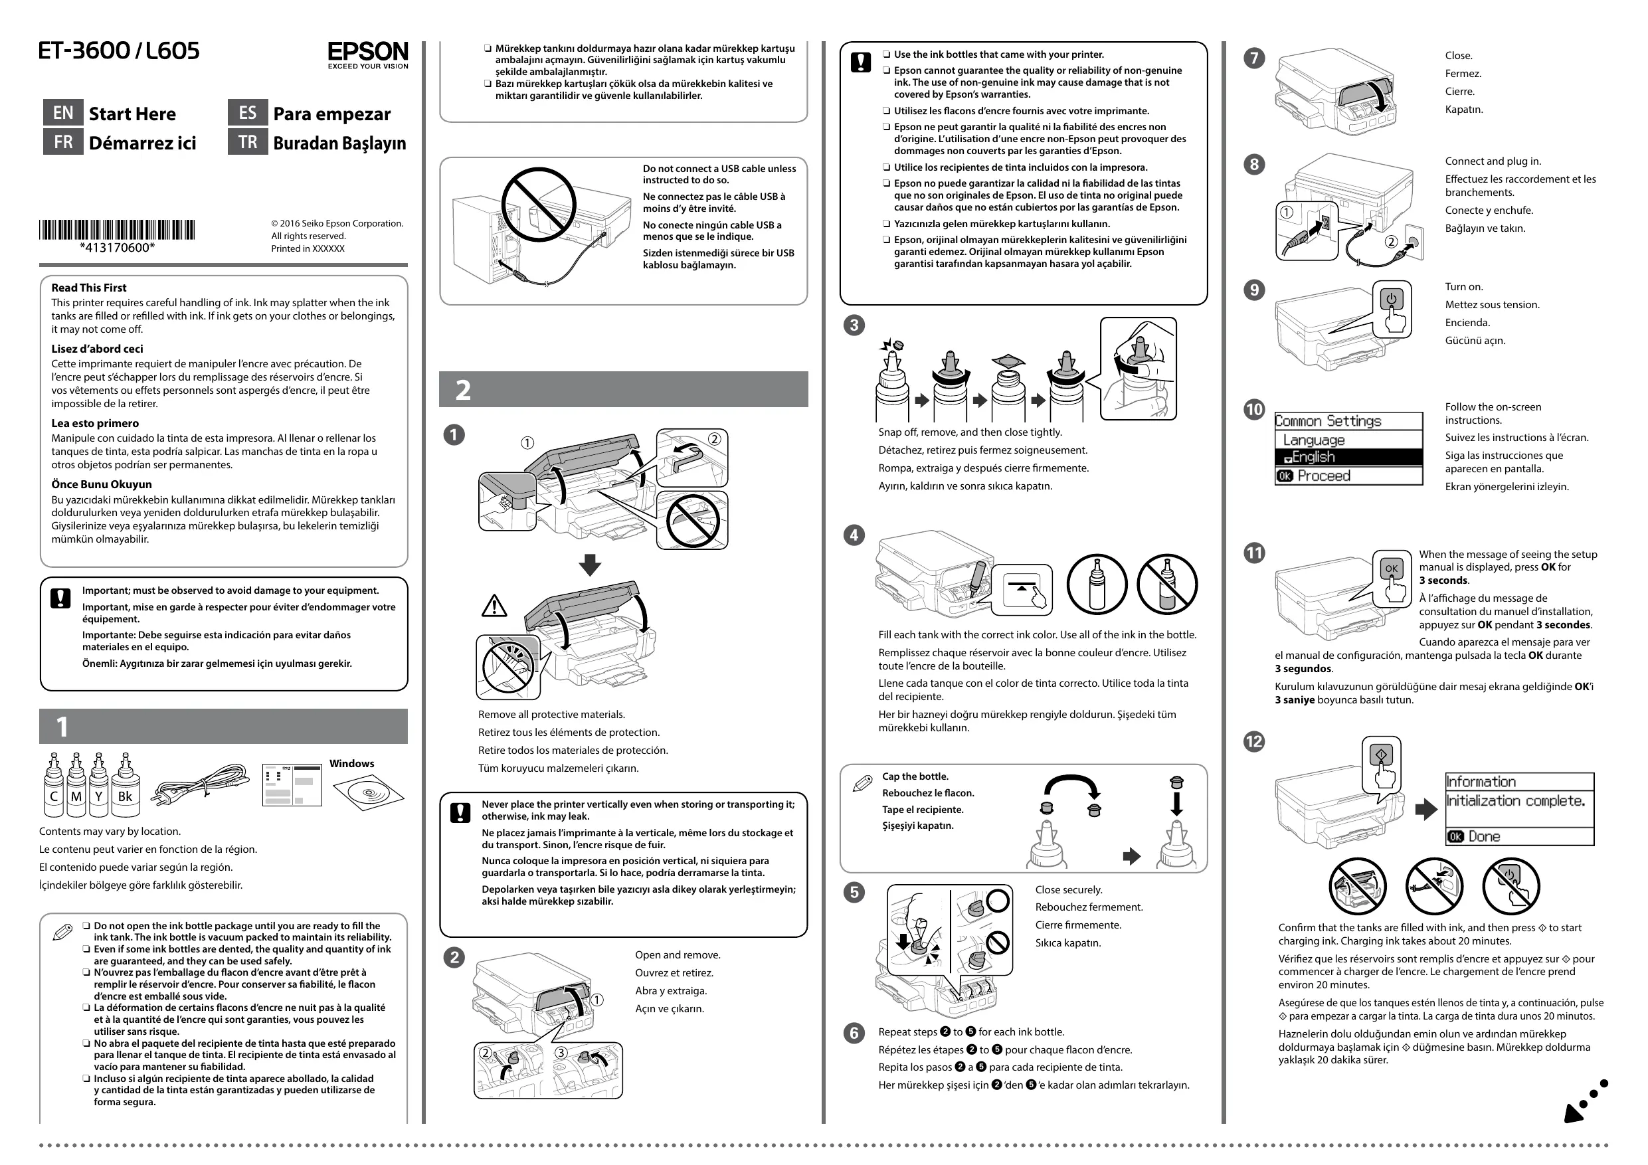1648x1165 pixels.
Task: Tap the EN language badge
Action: click(x=63, y=113)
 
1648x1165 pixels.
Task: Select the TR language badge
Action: click(x=248, y=141)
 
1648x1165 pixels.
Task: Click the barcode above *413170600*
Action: click(x=117, y=230)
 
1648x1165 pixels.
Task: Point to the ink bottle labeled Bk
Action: click(x=125, y=786)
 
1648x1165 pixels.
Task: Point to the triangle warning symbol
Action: click(x=494, y=606)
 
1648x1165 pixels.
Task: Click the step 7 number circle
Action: click(x=1254, y=58)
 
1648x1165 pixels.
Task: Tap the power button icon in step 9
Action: click(x=1391, y=300)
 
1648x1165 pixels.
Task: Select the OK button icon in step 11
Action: click(x=1391, y=569)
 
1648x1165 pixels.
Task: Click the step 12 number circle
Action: click(x=1254, y=741)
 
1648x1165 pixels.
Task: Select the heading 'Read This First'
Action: click(x=89, y=288)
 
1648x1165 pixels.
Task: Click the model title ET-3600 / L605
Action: click(x=119, y=51)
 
